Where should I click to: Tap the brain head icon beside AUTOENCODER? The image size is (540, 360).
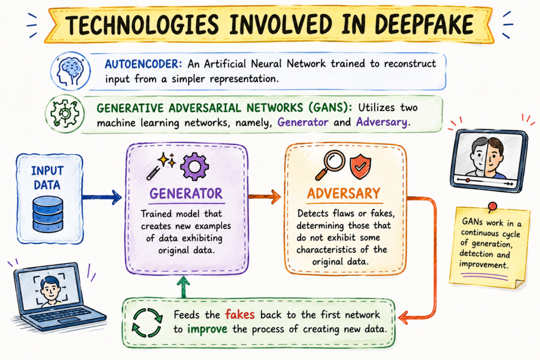pyautogui.click(x=71, y=71)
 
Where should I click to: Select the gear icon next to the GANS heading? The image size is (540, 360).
pyautogui.click(x=65, y=113)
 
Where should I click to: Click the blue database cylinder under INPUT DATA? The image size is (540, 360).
pyautogui.click(x=47, y=214)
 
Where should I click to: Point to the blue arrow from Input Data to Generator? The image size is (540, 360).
pyautogui.click(x=102, y=198)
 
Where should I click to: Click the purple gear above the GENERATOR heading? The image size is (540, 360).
pyautogui.click(x=194, y=167)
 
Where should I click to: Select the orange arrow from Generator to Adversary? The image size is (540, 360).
pyautogui.click(x=265, y=197)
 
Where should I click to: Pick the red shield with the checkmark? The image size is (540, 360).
pyautogui.click(x=360, y=167)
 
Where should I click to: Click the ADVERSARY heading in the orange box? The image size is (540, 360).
pyautogui.click(x=344, y=193)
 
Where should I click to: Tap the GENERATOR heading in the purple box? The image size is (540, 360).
pyautogui.click(x=186, y=194)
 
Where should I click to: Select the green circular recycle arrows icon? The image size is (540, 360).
pyautogui.click(x=147, y=323)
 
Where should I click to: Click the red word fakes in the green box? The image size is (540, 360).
pyautogui.click(x=240, y=314)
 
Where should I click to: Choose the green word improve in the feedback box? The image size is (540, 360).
pyautogui.click(x=207, y=329)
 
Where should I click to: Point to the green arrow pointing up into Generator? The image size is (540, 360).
pyautogui.click(x=184, y=287)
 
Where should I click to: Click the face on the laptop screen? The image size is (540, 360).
pyautogui.click(x=51, y=288)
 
